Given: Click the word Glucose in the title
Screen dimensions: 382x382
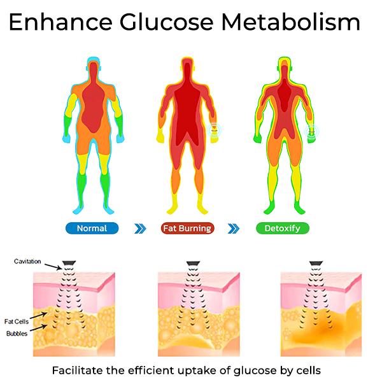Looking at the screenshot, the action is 166,22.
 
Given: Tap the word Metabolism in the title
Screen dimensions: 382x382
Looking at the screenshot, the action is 291,22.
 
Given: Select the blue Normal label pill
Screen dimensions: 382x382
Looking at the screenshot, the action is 92,229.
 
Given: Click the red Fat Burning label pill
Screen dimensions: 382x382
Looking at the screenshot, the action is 188,229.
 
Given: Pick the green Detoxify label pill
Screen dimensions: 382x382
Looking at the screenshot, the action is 283,229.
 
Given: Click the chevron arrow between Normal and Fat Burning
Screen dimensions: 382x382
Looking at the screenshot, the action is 140,229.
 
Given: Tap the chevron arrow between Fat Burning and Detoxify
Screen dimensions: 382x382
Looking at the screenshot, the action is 234,229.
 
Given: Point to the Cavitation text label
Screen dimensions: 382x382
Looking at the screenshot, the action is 27,262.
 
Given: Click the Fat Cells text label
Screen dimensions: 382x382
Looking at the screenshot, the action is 17,322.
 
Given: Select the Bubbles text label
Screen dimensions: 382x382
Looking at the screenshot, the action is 17,334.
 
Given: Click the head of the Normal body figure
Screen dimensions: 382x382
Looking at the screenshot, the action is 94,67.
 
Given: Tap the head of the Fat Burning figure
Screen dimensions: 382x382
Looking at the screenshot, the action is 187,67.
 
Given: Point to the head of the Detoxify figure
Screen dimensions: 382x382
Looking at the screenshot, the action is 285,67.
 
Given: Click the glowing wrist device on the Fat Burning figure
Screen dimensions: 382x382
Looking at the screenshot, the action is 215,131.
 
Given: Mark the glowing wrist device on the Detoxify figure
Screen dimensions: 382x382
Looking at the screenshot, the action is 311,132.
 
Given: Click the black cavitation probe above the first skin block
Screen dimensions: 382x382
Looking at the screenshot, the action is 69,263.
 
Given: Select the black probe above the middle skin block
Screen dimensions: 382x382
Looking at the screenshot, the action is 193,263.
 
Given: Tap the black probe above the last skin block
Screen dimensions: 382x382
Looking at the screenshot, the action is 316,263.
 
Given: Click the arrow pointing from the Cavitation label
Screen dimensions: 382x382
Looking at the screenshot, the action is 53,267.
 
